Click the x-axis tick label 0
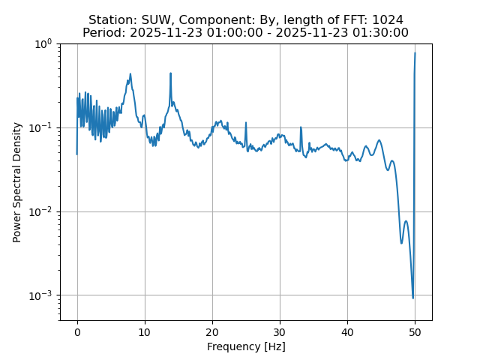(77, 332)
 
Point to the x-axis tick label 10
(145, 332)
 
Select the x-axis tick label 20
(212, 332)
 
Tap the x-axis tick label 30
(280, 332)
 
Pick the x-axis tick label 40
(347, 332)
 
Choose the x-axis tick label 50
(415, 332)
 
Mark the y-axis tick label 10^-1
(41, 127)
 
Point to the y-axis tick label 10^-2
(41, 211)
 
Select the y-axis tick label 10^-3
(41, 295)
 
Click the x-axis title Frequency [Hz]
(246, 346)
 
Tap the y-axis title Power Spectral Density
(17, 182)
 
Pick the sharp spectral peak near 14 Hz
(171, 73)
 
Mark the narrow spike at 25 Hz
(246, 122)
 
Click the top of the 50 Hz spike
(415, 53)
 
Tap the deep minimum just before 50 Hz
(412, 298)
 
